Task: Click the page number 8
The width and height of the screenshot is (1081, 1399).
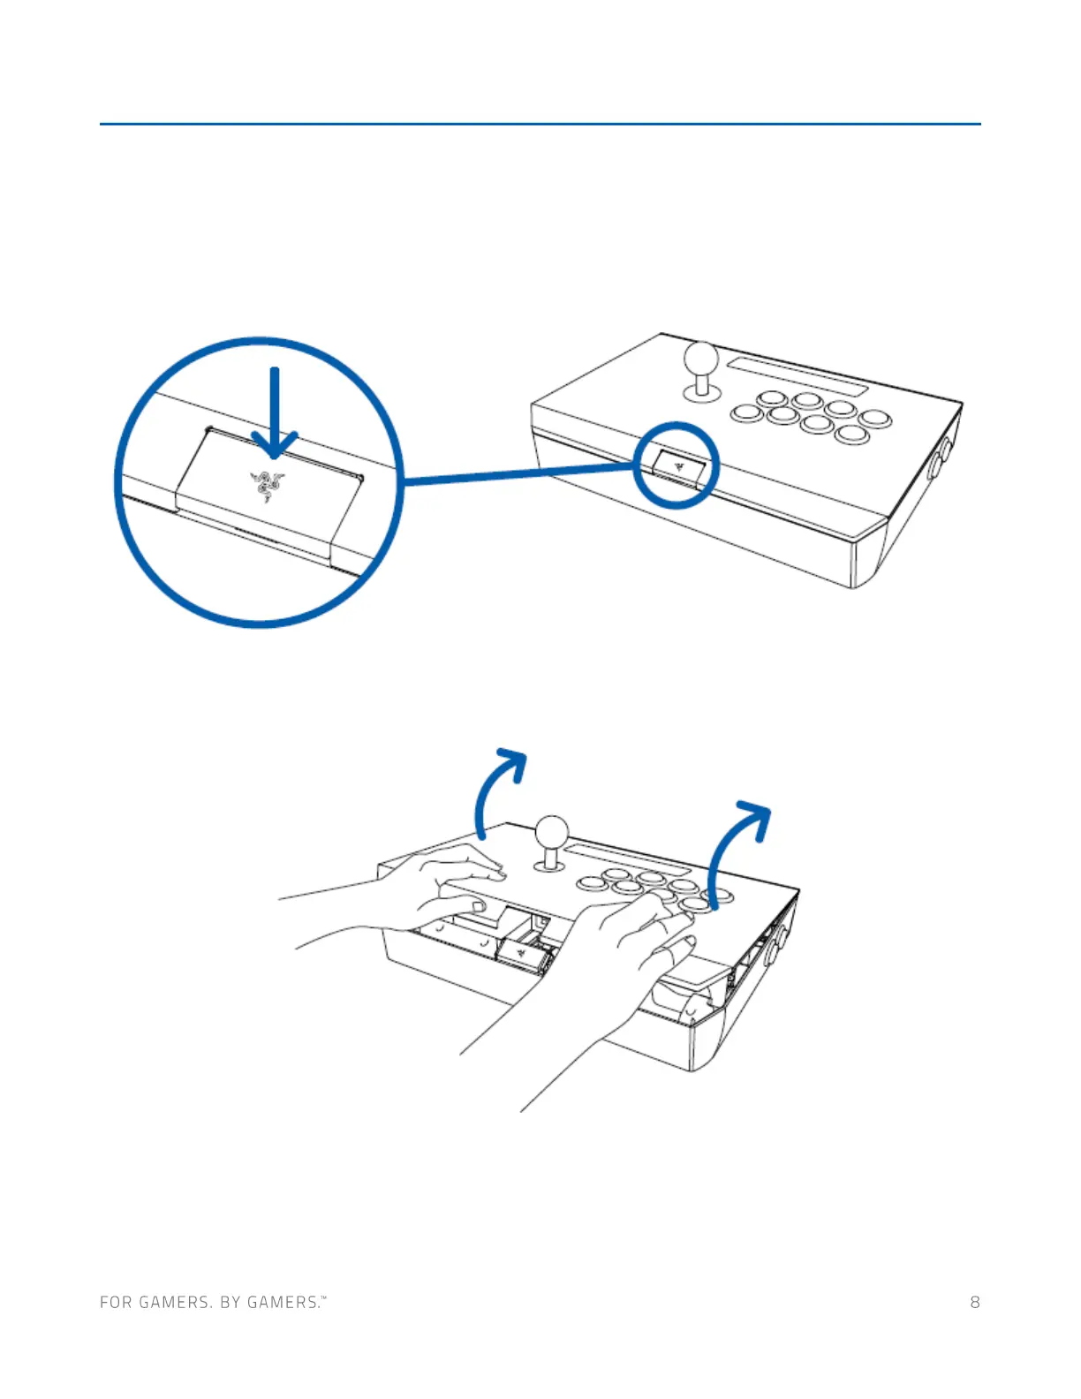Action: (x=974, y=1302)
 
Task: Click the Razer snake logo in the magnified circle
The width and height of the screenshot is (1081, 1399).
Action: (x=266, y=485)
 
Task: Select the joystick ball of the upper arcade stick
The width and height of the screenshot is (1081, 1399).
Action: (x=702, y=359)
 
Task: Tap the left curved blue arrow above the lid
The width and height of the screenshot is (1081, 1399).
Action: (x=495, y=790)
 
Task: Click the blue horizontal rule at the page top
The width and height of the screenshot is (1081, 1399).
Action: (x=540, y=124)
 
